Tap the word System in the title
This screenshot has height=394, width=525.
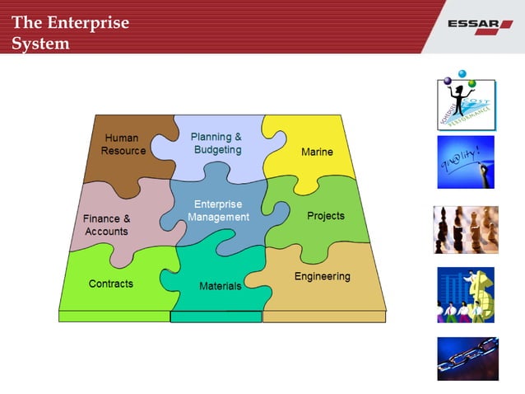[40, 43]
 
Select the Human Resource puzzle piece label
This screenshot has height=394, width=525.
[123, 144]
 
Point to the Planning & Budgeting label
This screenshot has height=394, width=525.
[216, 143]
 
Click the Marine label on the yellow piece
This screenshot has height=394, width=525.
[317, 152]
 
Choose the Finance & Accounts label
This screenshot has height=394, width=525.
[106, 225]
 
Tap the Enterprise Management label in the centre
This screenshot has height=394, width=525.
[218, 210]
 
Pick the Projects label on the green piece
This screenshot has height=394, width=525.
[326, 216]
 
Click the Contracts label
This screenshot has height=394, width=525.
[111, 284]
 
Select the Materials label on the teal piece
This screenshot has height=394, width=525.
[221, 286]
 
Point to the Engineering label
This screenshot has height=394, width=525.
[323, 276]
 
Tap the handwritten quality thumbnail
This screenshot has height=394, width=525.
[466, 162]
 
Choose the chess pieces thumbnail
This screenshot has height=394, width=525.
[466, 229]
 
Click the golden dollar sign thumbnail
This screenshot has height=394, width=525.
[466, 294]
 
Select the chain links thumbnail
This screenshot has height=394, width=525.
[466, 358]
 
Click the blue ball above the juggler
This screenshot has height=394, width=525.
[462, 73]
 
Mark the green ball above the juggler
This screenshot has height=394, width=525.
[472, 83]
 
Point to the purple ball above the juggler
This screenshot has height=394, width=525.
[448, 82]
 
